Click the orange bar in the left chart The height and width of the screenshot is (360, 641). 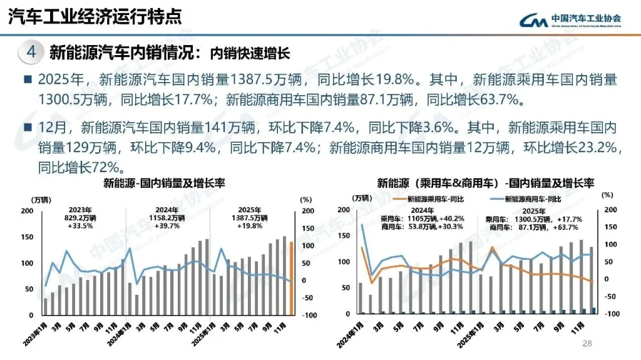(x=291, y=279)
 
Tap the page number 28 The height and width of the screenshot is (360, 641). (x=587, y=343)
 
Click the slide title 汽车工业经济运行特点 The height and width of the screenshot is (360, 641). (x=95, y=16)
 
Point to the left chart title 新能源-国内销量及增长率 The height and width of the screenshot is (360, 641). (x=164, y=183)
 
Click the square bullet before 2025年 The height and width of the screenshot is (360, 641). (x=28, y=80)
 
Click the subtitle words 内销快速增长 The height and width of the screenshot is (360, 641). (x=249, y=53)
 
